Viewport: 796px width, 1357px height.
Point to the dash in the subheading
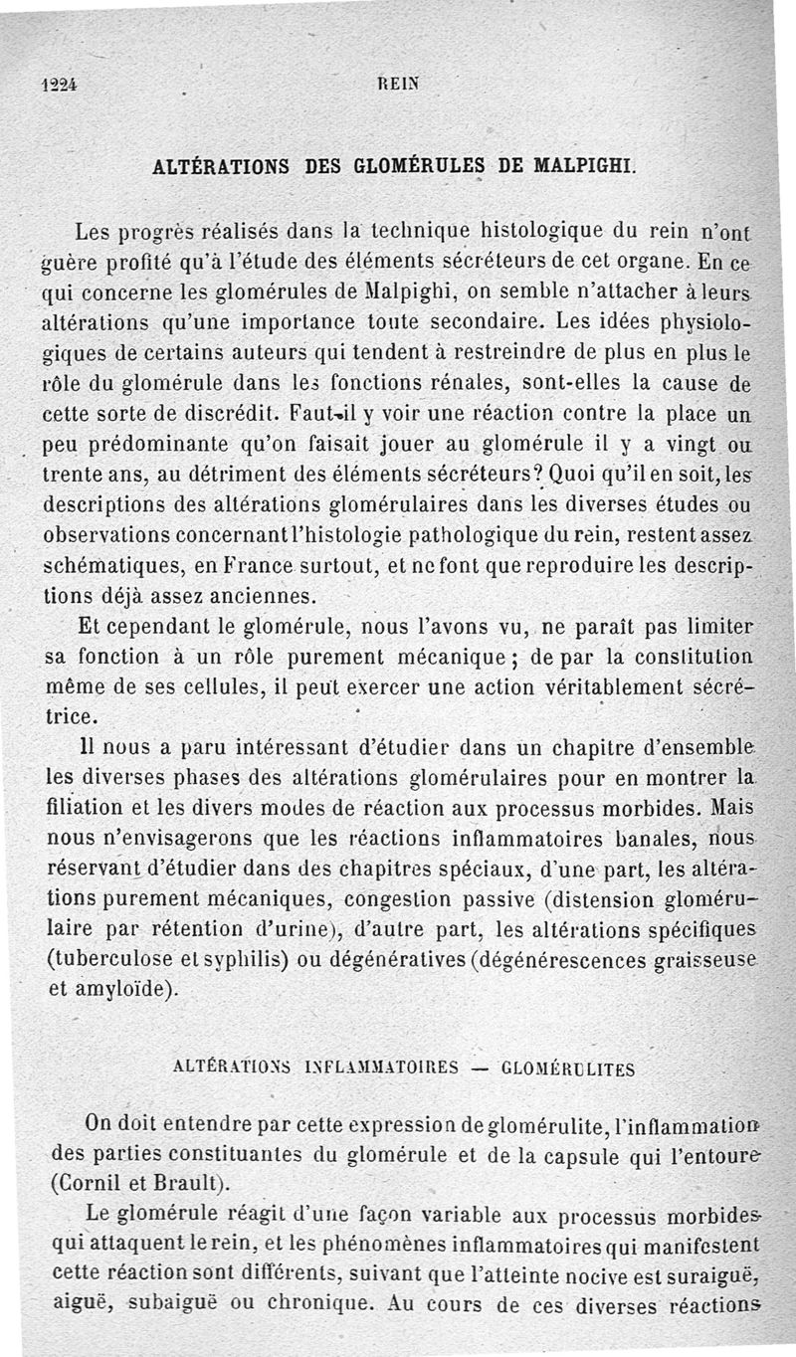point(480,1069)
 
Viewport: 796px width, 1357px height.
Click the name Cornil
point(86,1184)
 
